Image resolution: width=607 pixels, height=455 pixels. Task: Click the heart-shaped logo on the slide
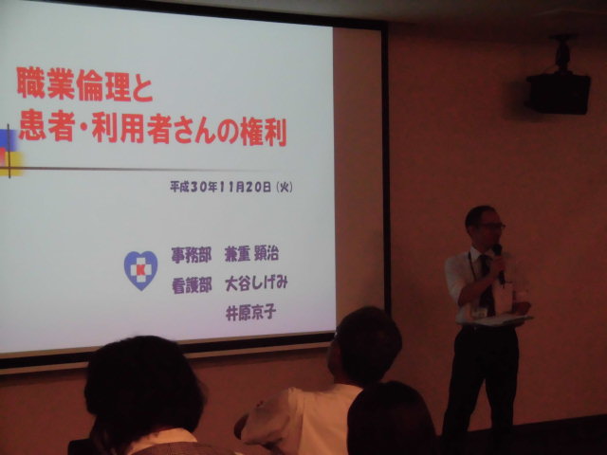(140, 270)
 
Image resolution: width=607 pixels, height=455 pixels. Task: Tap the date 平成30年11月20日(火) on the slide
(231, 188)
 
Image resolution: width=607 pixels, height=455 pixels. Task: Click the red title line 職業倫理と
(84, 84)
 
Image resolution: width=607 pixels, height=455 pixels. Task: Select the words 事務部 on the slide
(192, 255)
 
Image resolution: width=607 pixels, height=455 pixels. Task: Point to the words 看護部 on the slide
(192, 285)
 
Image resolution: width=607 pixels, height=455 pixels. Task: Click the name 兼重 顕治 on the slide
(251, 254)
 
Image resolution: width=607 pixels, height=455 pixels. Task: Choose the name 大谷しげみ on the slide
(256, 283)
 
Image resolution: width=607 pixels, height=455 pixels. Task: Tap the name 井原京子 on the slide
(250, 313)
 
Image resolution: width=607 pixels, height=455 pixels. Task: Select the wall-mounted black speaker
(558, 94)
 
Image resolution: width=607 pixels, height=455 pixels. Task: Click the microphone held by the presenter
(500, 263)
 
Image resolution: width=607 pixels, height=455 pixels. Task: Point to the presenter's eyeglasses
(493, 226)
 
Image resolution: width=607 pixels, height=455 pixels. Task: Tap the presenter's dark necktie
(487, 284)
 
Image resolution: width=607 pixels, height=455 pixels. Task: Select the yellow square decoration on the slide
(11, 163)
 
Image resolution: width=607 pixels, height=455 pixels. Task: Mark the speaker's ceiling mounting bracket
(562, 54)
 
